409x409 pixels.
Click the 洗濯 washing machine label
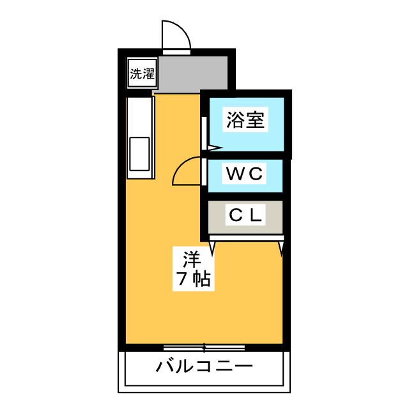[143, 73]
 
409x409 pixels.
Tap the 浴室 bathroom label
[245, 120]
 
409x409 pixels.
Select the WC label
[244, 173]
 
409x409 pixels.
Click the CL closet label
[245, 215]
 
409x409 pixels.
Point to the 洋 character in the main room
[192, 259]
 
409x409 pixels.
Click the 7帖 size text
[194, 279]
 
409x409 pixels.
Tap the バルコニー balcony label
[204, 366]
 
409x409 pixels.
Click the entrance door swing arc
[176, 35]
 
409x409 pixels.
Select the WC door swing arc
[187, 171]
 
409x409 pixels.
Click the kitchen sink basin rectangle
[139, 154]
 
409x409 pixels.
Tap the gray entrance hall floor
[193, 74]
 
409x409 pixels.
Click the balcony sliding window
[204, 348]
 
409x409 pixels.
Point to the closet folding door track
[246, 238]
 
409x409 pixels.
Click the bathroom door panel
[204, 134]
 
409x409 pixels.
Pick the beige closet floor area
[245, 217]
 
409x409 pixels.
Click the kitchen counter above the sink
[139, 117]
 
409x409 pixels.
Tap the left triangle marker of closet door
[212, 247]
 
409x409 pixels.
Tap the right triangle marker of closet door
[281, 248]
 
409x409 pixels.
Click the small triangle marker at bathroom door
[215, 148]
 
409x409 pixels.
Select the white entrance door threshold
[176, 52]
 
